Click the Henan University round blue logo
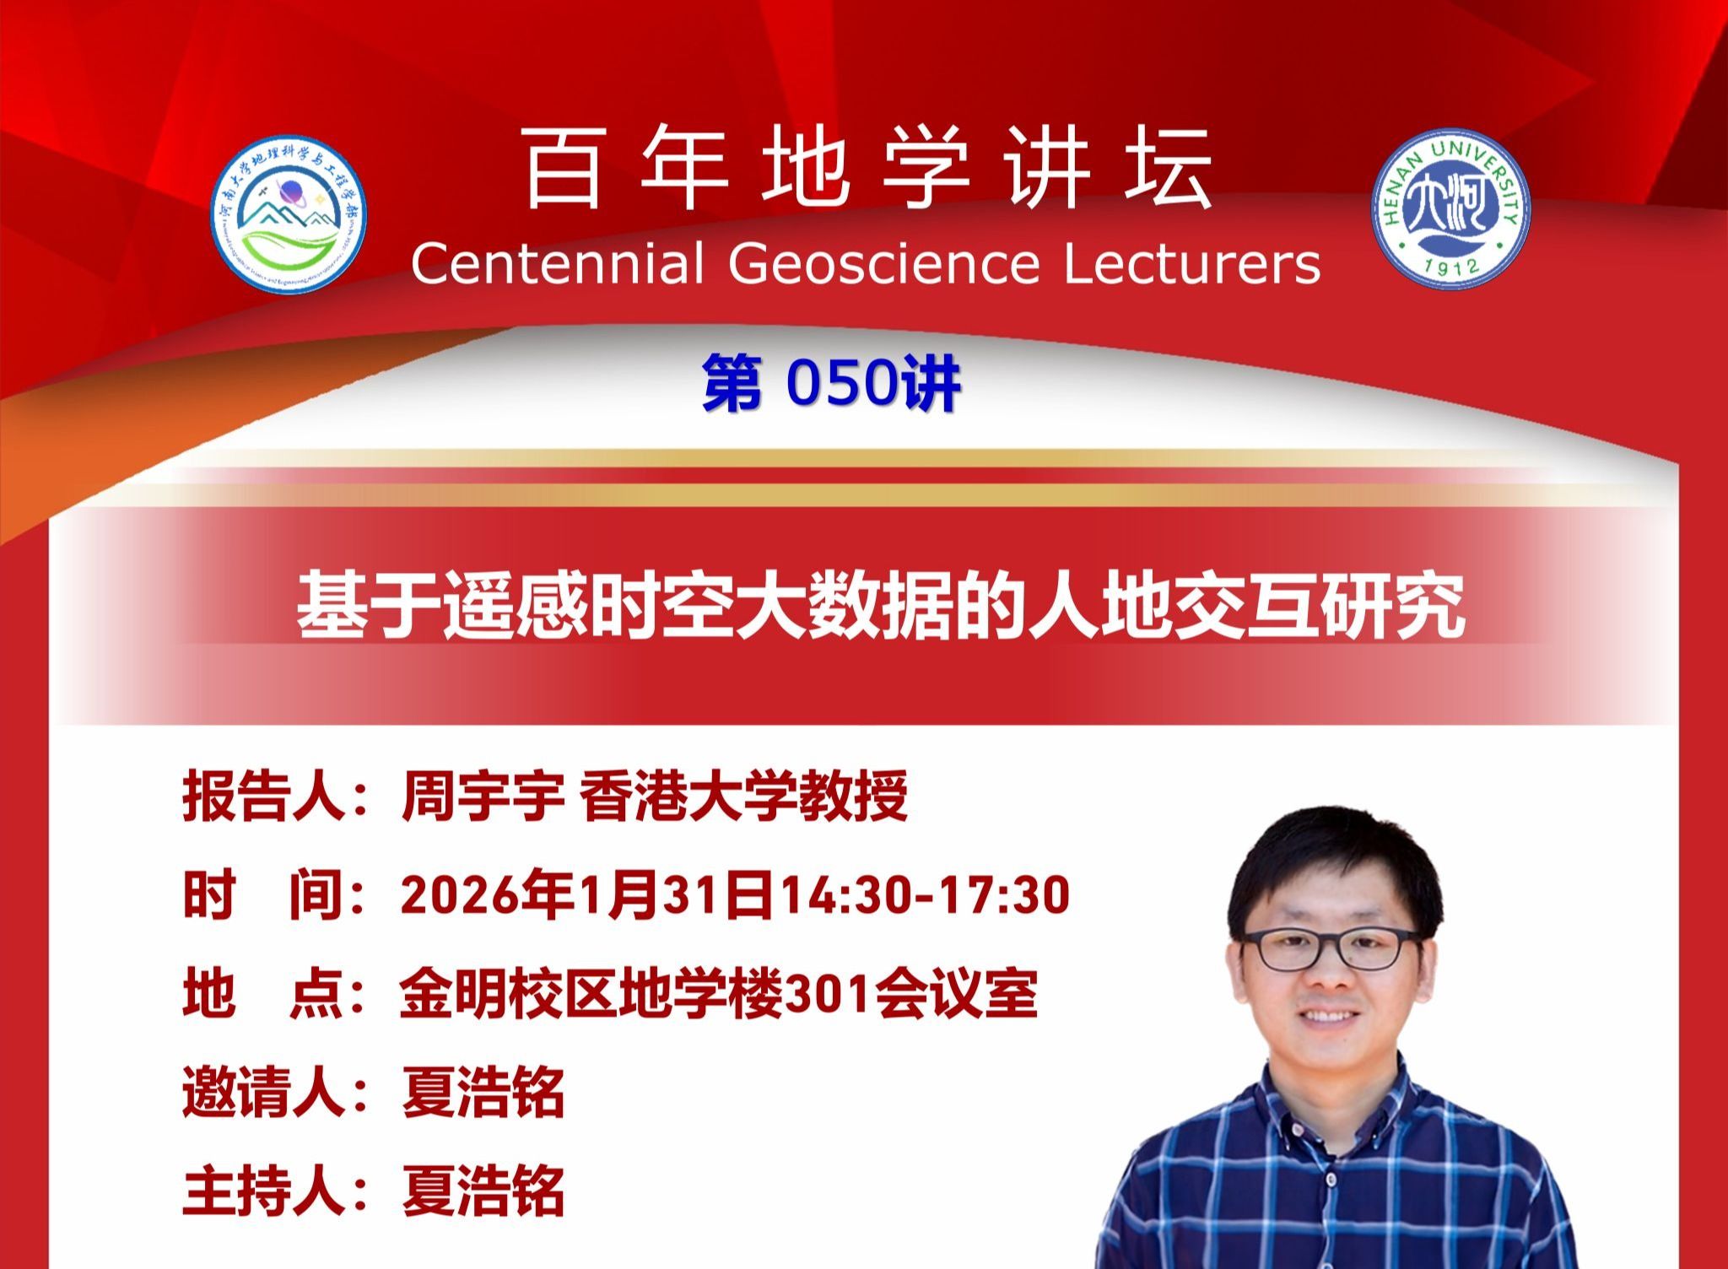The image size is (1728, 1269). [1450, 208]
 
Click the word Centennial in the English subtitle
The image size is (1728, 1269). [557, 264]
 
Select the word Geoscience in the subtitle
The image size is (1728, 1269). [883, 264]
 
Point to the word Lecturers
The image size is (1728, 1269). [1192, 264]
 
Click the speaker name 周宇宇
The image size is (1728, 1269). [483, 796]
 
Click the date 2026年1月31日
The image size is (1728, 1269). [587, 895]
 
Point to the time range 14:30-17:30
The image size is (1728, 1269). [923, 895]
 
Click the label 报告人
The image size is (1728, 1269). [264, 796]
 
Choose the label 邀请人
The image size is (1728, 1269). [264, 1093]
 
